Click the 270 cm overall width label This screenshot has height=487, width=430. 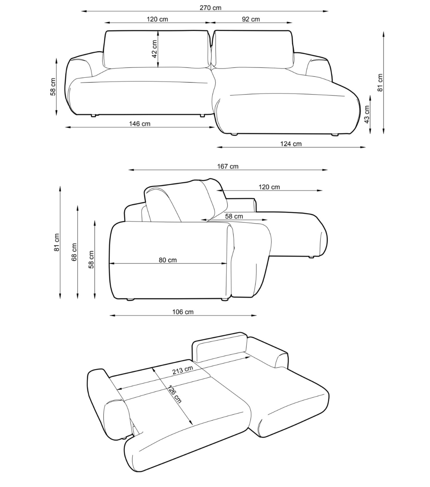[x=210, y=8]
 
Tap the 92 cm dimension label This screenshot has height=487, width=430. [x=251, y=19]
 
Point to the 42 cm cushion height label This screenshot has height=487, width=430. [x=154, y=49]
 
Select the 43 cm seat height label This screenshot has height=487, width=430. [x=367, y=115]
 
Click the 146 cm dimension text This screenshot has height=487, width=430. [x=140, y=124]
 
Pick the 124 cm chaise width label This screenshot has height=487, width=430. [x=291, y=144]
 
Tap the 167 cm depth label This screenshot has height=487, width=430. [x=228, y=166]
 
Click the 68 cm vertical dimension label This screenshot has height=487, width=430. [x=74, y=252]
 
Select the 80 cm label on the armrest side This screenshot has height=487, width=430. [x=168, y=260]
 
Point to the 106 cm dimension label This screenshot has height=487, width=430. [x=183, y=312]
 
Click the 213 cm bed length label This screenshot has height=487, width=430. [x=183, y=370]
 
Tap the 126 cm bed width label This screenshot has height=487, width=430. [x=175, y=394]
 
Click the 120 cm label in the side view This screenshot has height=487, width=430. [x=269, y=187]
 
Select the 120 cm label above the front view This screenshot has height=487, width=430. [x=157, y=19]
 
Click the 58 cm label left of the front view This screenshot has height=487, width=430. [x=53, y=87]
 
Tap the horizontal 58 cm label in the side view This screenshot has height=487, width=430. [x=234, y=216]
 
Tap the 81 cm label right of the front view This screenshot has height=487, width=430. [x=380, y=83]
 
